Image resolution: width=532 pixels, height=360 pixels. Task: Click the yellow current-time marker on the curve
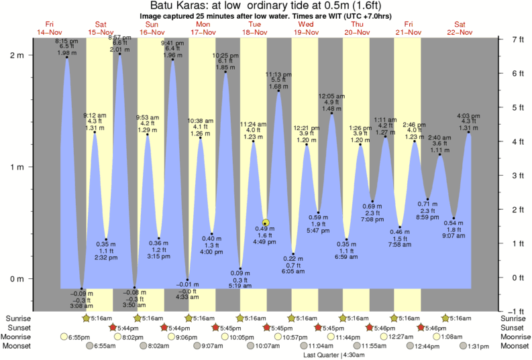[x=266, y=223]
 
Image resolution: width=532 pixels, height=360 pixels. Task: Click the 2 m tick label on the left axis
[x=17, y=55]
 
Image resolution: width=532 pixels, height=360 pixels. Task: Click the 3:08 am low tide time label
[x=81, y=306]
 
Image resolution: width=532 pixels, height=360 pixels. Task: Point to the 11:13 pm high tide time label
[x=278, y=74]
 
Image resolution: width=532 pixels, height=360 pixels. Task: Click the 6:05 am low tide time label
[x=293, y=272]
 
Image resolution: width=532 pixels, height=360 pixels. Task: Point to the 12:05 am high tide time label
[x=331, y=96]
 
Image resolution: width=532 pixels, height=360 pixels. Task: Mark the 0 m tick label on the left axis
[x=17, y=278]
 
